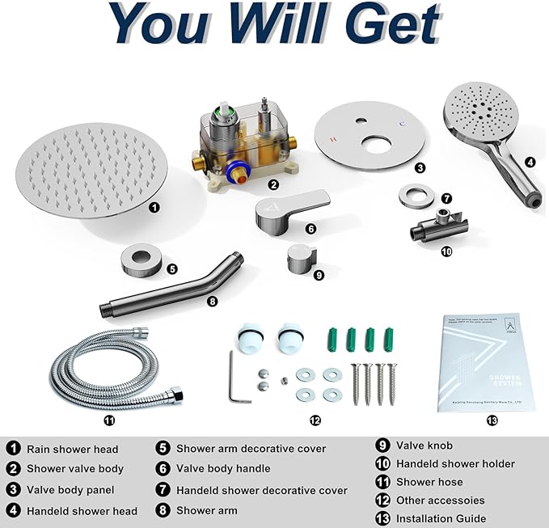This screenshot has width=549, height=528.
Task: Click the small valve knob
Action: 299,260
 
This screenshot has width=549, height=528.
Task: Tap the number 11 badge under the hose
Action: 109,420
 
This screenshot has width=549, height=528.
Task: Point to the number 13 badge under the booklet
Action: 492,420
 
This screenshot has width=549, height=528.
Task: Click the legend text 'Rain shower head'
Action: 73,449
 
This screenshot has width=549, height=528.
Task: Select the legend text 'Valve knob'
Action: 424,445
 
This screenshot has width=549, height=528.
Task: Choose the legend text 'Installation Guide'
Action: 441,518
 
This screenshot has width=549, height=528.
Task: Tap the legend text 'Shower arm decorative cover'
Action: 251,448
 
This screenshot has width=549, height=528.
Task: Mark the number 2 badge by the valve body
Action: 274,184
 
